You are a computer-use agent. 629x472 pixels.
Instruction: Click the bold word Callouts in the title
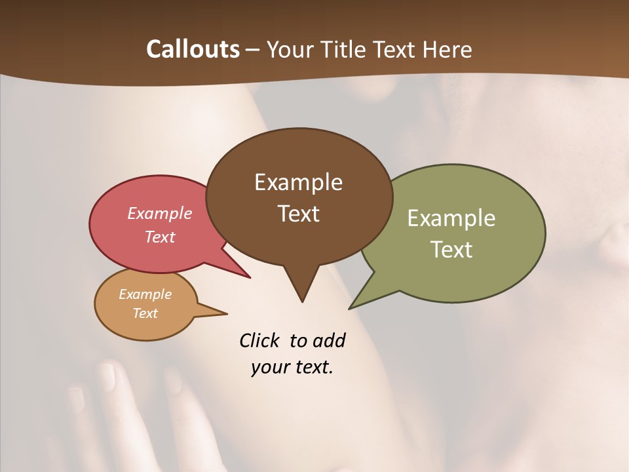coord(193,49)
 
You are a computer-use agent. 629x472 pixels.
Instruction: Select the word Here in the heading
coord(448,49)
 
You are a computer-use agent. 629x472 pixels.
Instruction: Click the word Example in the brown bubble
coord(298,182)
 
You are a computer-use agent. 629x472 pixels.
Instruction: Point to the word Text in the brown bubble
coord(298,214)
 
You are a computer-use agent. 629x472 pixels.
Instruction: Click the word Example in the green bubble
coord(451,218)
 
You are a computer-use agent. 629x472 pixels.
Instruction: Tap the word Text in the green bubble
coord(451,250)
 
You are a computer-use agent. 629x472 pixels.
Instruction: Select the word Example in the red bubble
coord(160,213)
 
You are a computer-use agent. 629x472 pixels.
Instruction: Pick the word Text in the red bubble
coord(160,237)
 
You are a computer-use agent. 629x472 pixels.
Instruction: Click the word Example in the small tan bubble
coord(145,294)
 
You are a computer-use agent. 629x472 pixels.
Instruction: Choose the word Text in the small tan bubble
coord(145,313)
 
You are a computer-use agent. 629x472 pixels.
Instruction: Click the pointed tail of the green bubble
coord(352,307)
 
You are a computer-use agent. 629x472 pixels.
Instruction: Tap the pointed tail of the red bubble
coord(248,276)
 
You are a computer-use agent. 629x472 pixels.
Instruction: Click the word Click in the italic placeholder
coord(261,340)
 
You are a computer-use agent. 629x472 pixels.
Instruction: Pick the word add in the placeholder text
coord(329,340)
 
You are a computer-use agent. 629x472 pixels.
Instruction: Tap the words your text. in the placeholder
coord(292,367)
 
